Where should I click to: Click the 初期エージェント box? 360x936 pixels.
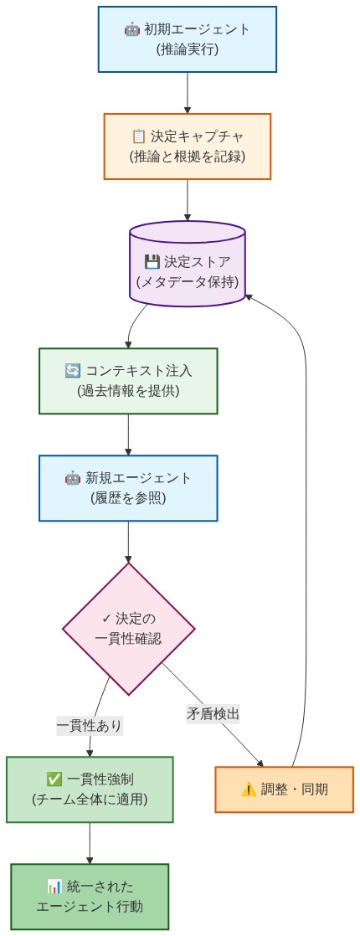(187, 39)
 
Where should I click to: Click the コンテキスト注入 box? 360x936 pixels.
(128, 380)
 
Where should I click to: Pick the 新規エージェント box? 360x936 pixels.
(128, 488)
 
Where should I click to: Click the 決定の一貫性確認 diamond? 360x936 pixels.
(128, 628)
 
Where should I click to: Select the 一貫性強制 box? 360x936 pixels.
(90, 789)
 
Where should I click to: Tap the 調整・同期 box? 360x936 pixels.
(284, 789)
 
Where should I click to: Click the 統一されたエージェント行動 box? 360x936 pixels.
(90, 897)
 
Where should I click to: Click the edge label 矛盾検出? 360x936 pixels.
(213, 714)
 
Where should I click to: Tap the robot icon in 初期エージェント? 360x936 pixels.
(131, 29)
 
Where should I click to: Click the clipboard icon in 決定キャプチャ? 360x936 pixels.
(139, 136)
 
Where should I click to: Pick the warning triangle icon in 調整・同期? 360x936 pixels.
(249, 789)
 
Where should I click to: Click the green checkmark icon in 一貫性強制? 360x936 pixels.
(54, 779)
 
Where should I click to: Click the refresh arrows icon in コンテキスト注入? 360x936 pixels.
(73, 370)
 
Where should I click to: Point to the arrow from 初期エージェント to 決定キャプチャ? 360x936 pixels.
(187, 92)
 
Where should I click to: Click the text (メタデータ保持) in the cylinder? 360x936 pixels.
(187, 282)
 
